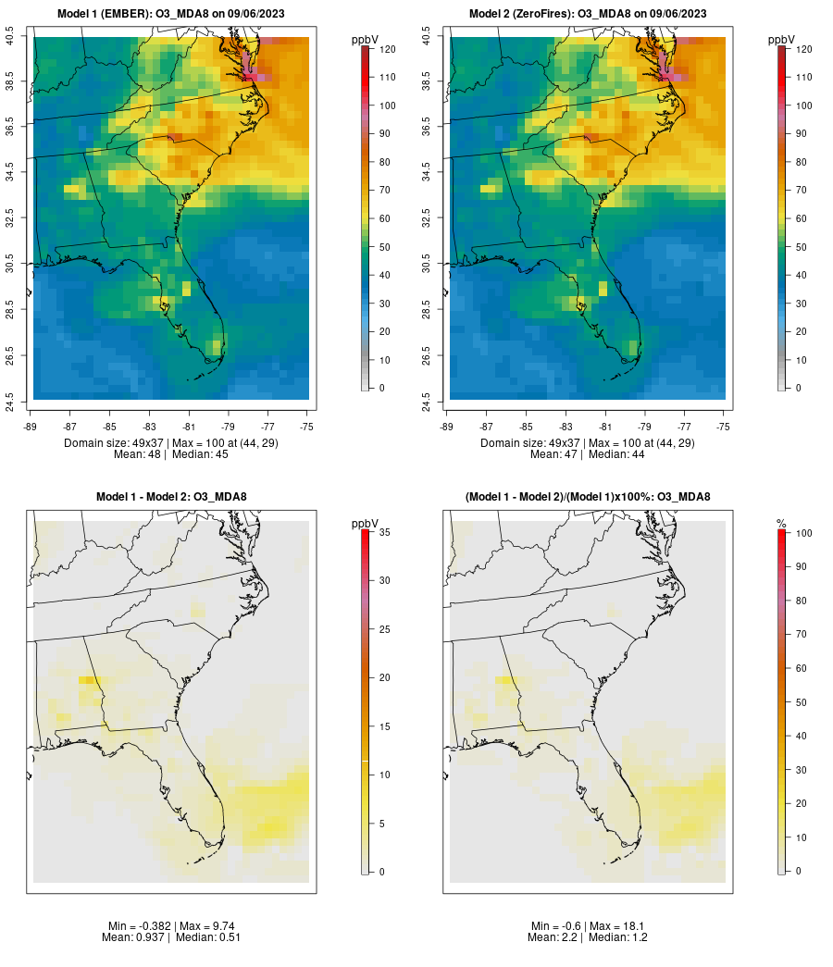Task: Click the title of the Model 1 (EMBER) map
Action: tap(171, 14)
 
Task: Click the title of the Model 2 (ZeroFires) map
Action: tap(588, 14)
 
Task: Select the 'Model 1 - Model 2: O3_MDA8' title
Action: tap(171, 497)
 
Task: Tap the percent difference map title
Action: tap(588, 497)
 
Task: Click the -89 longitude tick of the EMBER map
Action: tap(30, 427)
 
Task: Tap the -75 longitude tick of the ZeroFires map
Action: tap(723, 427)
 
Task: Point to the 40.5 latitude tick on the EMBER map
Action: tap(10, 37)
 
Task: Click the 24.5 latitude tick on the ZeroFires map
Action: tap(427, 400)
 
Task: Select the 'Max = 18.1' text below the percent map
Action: tap(619, 926)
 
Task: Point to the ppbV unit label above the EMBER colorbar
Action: tap(366, 40)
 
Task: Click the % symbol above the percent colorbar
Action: tap(781, 524)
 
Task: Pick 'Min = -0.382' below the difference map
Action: tap(137, 926)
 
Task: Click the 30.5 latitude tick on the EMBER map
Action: tap(10, 264)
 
